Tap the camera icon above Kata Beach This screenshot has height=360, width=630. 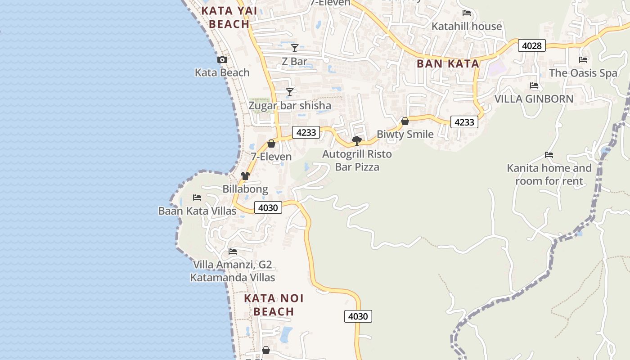coord(222,60)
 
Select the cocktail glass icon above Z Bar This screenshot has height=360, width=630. coord(295,48)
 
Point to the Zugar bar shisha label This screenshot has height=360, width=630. coord(290,106)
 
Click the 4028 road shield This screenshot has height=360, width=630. coord(531,45)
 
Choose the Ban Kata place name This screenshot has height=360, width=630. coord(448,64)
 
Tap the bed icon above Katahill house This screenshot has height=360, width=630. coord(467,13)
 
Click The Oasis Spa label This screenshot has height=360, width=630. coord(583,73)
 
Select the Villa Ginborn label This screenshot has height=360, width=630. coord(534,99)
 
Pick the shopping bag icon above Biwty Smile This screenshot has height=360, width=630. coord(405,121)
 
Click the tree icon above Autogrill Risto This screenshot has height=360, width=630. coord(357,141)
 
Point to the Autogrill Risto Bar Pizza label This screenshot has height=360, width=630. coord(357,161)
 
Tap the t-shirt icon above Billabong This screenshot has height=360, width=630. coord(245,176)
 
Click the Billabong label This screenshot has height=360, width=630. coord(245,189)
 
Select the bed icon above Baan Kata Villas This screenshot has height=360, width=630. coord(197,198)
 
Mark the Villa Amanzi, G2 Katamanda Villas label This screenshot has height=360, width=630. coord(233,271)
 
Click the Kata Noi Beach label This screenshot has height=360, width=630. coord(274,305)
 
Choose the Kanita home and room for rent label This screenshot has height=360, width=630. coord(549,175)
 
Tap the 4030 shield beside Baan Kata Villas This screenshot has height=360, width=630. coord(268,207)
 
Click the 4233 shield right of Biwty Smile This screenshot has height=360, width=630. coord(464,122)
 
